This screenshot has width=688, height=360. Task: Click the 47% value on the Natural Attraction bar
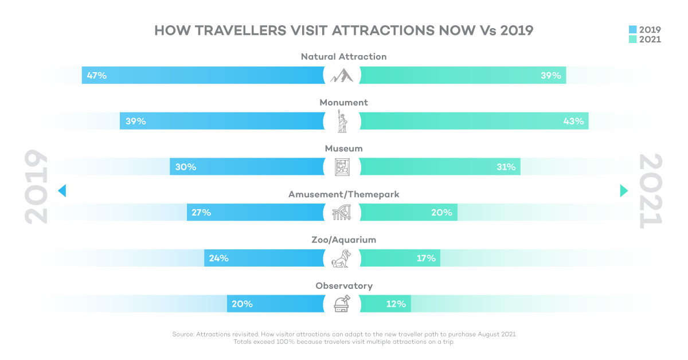(97, 75)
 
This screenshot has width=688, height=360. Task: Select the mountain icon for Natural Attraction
(342, 75)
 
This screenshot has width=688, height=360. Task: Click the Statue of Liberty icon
(342, 121)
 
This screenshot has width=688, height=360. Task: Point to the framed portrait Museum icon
(342, 167)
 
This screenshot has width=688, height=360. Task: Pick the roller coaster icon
(342, 213)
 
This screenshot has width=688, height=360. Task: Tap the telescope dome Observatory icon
(342, 304)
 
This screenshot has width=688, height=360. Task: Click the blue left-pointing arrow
(62, 191)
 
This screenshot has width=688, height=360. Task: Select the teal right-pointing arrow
(624, 191)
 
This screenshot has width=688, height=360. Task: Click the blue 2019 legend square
(633, 29)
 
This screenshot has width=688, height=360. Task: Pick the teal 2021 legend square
(633, 40)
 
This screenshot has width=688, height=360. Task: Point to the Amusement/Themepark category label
(343, 194)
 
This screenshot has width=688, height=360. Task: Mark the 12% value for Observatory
(396, 304)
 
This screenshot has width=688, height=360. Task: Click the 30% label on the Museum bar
(186, 167)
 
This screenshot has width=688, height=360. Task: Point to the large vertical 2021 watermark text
(650, 191)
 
